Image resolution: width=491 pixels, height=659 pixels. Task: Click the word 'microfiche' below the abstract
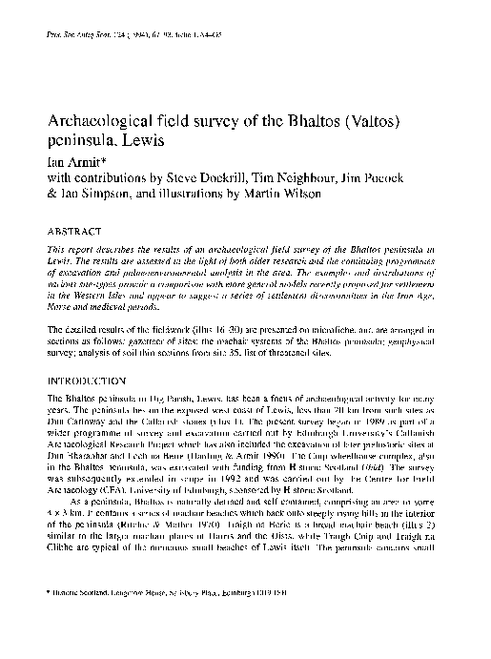(338, 329)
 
